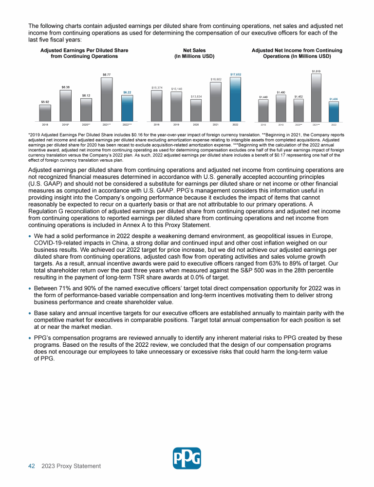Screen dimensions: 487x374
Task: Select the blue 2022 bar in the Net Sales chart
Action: (235, 99)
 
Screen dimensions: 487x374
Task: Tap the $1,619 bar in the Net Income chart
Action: (316, 97)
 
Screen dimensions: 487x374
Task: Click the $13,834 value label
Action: (196, 96)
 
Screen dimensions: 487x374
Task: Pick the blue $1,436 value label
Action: (334, 99)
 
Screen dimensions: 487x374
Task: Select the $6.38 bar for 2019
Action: (65, 105)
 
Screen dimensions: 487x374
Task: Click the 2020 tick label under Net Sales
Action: (196, 125)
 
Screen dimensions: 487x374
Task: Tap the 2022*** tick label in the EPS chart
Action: (127, 125)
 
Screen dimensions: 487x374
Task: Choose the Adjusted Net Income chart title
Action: (297, 53)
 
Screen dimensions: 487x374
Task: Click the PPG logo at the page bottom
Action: (187, 458)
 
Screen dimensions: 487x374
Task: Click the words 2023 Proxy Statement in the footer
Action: (71, 466)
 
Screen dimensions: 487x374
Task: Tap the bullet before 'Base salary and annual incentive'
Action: (30, 313)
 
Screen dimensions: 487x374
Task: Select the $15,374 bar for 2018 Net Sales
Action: (157, 106)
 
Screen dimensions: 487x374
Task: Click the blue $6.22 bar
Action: (127, 108)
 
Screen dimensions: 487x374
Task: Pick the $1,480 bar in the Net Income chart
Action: (280, 108)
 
